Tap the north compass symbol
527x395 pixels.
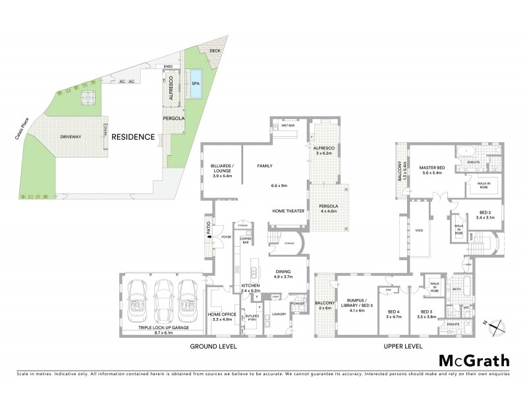coord(498,323)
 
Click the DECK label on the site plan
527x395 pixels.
coord(215,51)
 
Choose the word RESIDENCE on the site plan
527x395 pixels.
coord(132,138)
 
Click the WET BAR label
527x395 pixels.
coord(287,125)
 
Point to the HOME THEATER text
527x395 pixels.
coord(287,211)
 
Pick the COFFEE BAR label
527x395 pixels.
coord(246,240)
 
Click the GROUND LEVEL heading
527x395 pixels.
coord(213,346)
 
